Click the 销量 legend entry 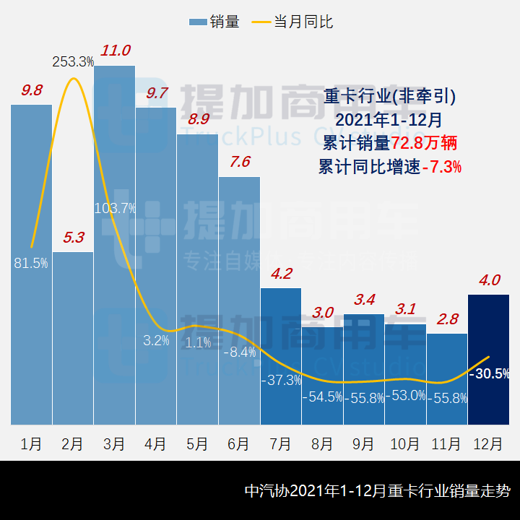pyautogui.click(x=214, y=22)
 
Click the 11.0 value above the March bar pyautogui.click(x=116, y=51)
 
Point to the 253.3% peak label pyautogui.click(x=73, y=62)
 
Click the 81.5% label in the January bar pyautogui.click(x=31, y=264)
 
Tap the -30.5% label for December pyautogui.click(x=489, y=373)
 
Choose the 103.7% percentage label pyautogui.click(x=116, y=209)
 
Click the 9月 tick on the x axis pyautogui.click(x=363, y=443)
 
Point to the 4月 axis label pyautogui.click(x=156, y=443)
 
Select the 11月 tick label pyautogui.click(x=447, y=443)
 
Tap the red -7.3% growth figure pyautogui.click(x=442, y=167)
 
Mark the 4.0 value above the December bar pyautogui.click(x=489, y=280)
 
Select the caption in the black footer pyautogui.click(x=377, y=491)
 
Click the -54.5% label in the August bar pyautogui.click(x=322, y=397)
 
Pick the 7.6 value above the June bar pyautogui.click(x=240, y=162)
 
